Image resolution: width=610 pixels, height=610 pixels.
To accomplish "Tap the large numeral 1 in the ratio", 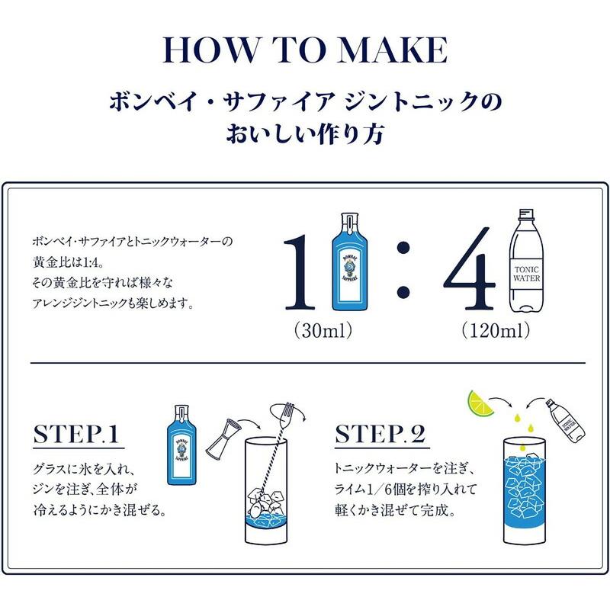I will [303, 272].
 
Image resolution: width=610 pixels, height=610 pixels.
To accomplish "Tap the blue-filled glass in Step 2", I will [524, 488].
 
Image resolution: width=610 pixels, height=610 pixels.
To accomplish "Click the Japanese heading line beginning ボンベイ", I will [305, 101].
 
